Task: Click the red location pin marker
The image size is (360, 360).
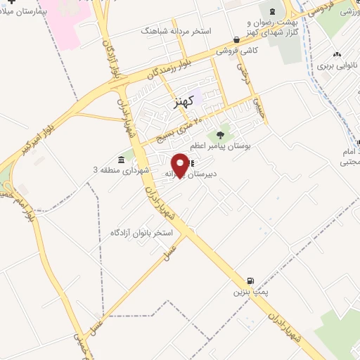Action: click(x=180, y=165)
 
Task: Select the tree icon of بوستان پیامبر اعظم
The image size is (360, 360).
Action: click(x=221, y=134)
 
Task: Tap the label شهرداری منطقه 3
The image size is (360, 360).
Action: click(x=121, y=170)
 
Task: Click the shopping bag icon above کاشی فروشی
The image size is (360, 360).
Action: click(x=236, y=40)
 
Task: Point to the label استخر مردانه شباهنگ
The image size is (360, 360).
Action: click(x=172, y=32)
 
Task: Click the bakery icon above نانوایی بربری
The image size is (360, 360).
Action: click(x=336, y=54)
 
